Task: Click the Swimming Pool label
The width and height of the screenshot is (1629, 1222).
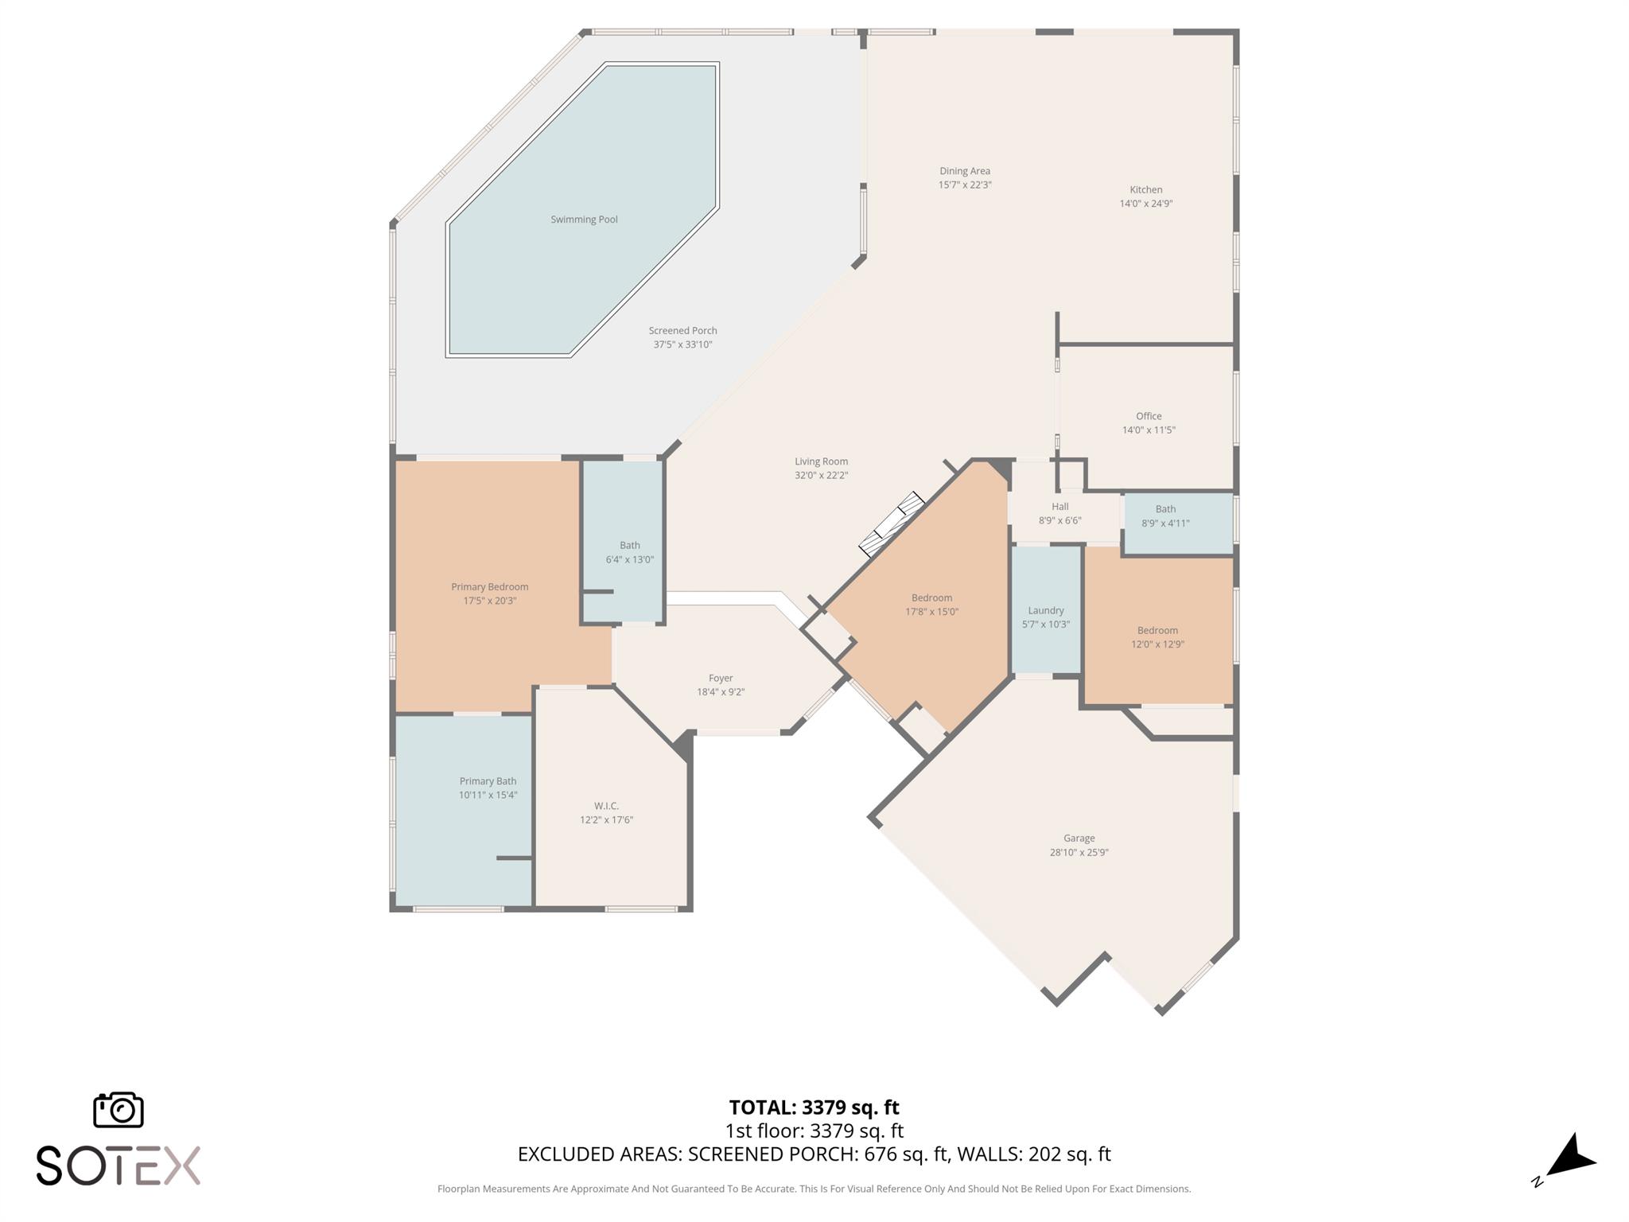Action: [x=584, y=220]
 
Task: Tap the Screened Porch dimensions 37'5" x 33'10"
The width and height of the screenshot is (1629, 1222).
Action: [x=682, y=344]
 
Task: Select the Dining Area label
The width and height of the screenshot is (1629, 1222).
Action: [x=964, y=171]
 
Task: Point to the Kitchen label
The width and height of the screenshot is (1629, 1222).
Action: [x=1145, y=189]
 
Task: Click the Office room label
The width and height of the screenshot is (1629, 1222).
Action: [x=1148, y=416]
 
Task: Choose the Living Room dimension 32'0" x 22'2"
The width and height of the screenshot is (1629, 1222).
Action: [x=821, y=475]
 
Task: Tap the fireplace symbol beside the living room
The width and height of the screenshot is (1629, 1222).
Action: [x=892, y=523]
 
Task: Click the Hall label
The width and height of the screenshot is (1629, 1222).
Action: [x=1059, y=507]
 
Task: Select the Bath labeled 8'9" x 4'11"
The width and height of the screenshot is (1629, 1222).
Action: [x=1165, y=516]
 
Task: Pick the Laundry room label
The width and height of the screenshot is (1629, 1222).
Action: [x=1045, y=610]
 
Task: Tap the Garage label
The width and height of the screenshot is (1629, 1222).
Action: [x=1079, y=838]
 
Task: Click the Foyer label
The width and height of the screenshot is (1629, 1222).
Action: [x=721, y=679]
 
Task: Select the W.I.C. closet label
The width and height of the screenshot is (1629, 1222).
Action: [x=606, y=806]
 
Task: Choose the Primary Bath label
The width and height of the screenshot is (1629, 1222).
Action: [x=488, y=781]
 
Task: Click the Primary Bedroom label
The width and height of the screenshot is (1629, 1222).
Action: [x=489, y=587]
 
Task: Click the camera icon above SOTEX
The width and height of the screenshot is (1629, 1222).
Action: [x=119, y=1109]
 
